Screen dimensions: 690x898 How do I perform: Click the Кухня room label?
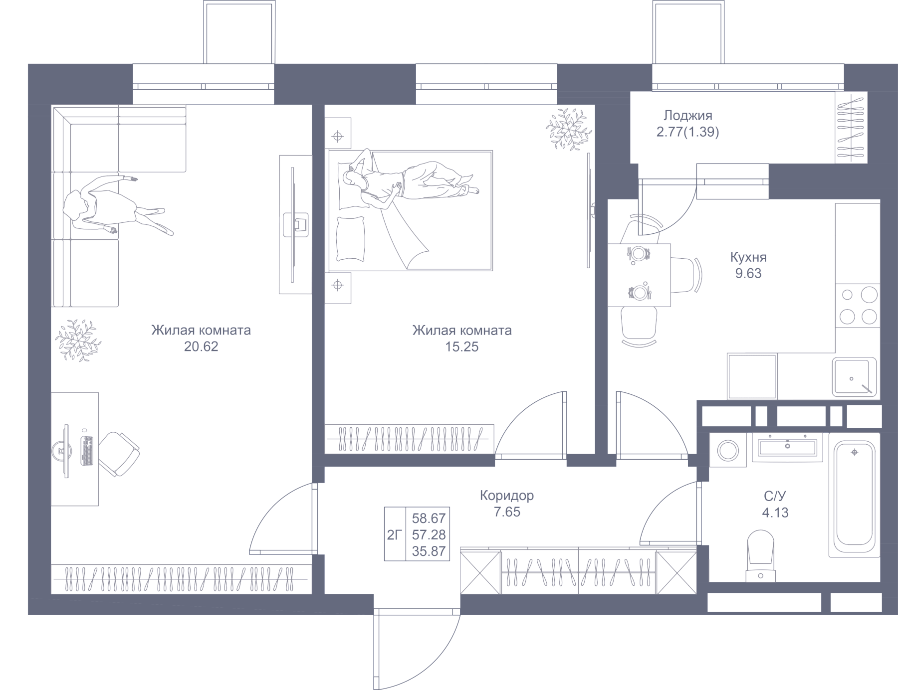tap(748, 258)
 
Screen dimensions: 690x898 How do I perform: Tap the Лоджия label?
tap(687, 116)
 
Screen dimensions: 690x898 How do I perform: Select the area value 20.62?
tap(201, 346)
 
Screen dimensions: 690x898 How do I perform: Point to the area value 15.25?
tap(461, 346)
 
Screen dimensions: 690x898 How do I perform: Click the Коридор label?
tap(506, 496)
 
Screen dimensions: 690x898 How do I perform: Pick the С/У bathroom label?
tap(775, 496)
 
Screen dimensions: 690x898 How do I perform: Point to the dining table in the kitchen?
tap(639, 275)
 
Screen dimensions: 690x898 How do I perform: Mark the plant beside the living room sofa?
tap(77, 340)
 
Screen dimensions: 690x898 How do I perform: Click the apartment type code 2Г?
tap(395, 535)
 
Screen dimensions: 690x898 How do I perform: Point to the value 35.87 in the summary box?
tap(429, 551)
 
